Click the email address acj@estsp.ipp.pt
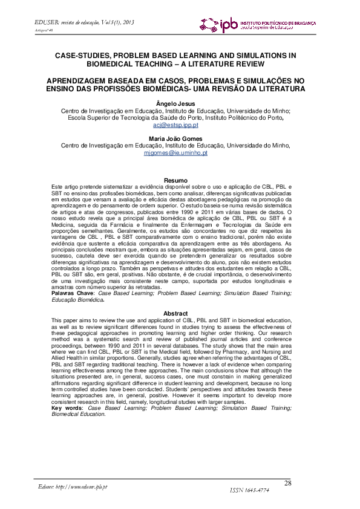[x=175, y=125]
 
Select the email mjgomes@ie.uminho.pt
[x=175, y=153]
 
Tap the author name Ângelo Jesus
[x=175, y=103]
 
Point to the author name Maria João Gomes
[x=175, y=138]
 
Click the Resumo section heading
[x=175, y=180]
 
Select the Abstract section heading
[x=175, y=313]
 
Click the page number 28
[x=287, y=482]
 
